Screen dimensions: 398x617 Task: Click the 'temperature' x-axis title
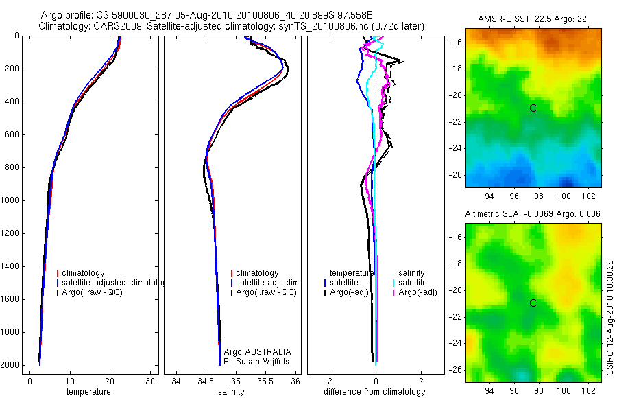(x=88, y=392)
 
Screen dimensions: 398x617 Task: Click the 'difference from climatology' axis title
(x=376, y=392)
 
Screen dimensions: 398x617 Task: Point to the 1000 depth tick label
(x=10, y=200)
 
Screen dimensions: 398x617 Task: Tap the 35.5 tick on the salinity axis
(x=266, y=381)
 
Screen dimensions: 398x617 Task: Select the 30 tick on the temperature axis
(x=150, y=381)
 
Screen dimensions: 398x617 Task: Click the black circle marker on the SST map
(x=533, y=108)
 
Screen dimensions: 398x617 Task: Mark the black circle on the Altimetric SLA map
(x=533, y=303)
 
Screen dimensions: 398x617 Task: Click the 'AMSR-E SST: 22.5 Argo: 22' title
(x=533, y=20)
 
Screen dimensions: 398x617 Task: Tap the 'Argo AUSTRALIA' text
(x=257, y=351)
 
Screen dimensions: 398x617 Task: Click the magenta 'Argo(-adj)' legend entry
(x=418, y=292)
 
